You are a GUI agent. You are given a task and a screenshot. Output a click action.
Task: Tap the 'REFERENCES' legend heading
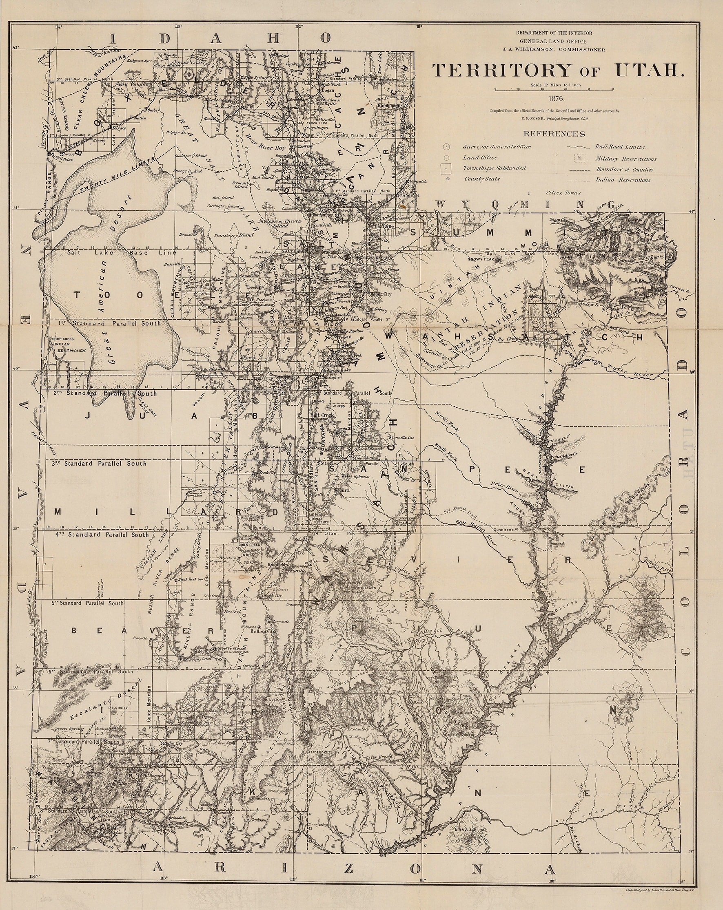coord(554,134)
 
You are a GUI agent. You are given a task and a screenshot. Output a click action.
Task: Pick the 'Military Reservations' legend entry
coord(626,159)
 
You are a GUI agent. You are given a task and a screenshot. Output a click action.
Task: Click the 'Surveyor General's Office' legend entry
coord(497,147)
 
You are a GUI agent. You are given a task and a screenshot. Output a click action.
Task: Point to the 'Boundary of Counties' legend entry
coord(624,170)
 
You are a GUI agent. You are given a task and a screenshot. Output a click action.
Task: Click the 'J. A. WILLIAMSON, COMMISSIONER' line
coord(554,49)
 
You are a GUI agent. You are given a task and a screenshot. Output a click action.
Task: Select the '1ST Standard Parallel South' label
coord(110,323)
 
